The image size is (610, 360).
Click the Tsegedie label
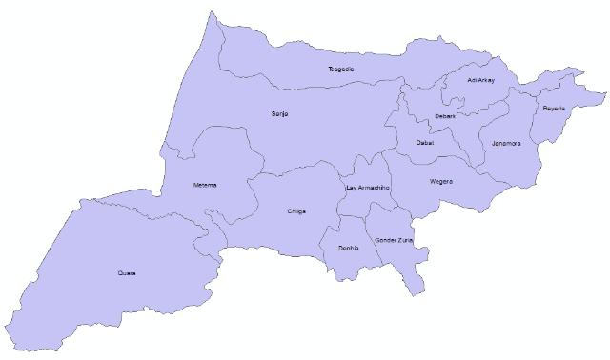pyautogui.click(x=340, y=69)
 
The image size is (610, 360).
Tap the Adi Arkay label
pyautogui.click(x=481, y=80)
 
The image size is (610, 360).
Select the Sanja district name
pyautogui.click(x=279, y=114)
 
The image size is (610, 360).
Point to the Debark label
pyautogui.click(x=444, y=116)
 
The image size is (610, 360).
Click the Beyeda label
pyautogui.click(x=554, y=109)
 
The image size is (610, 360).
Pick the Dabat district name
pyautogui.click(x=425, y=143)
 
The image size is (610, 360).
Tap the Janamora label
pyautogui.click(x=506, y=144)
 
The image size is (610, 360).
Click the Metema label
pyautogui.click(x=205, y=185)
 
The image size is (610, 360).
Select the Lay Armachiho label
pyautogui.click(x=368, y=188)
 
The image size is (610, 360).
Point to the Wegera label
pyautogui.click(x=441, y=181)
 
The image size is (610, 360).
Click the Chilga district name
pyautogui.click(x=296, y=211)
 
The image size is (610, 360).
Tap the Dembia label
pyautogui.click(x=348, y=248)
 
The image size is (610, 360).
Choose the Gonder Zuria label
pyautogui.click(x=394, y=240)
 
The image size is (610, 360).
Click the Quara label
pyautogui.click(x=126, y=273)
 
